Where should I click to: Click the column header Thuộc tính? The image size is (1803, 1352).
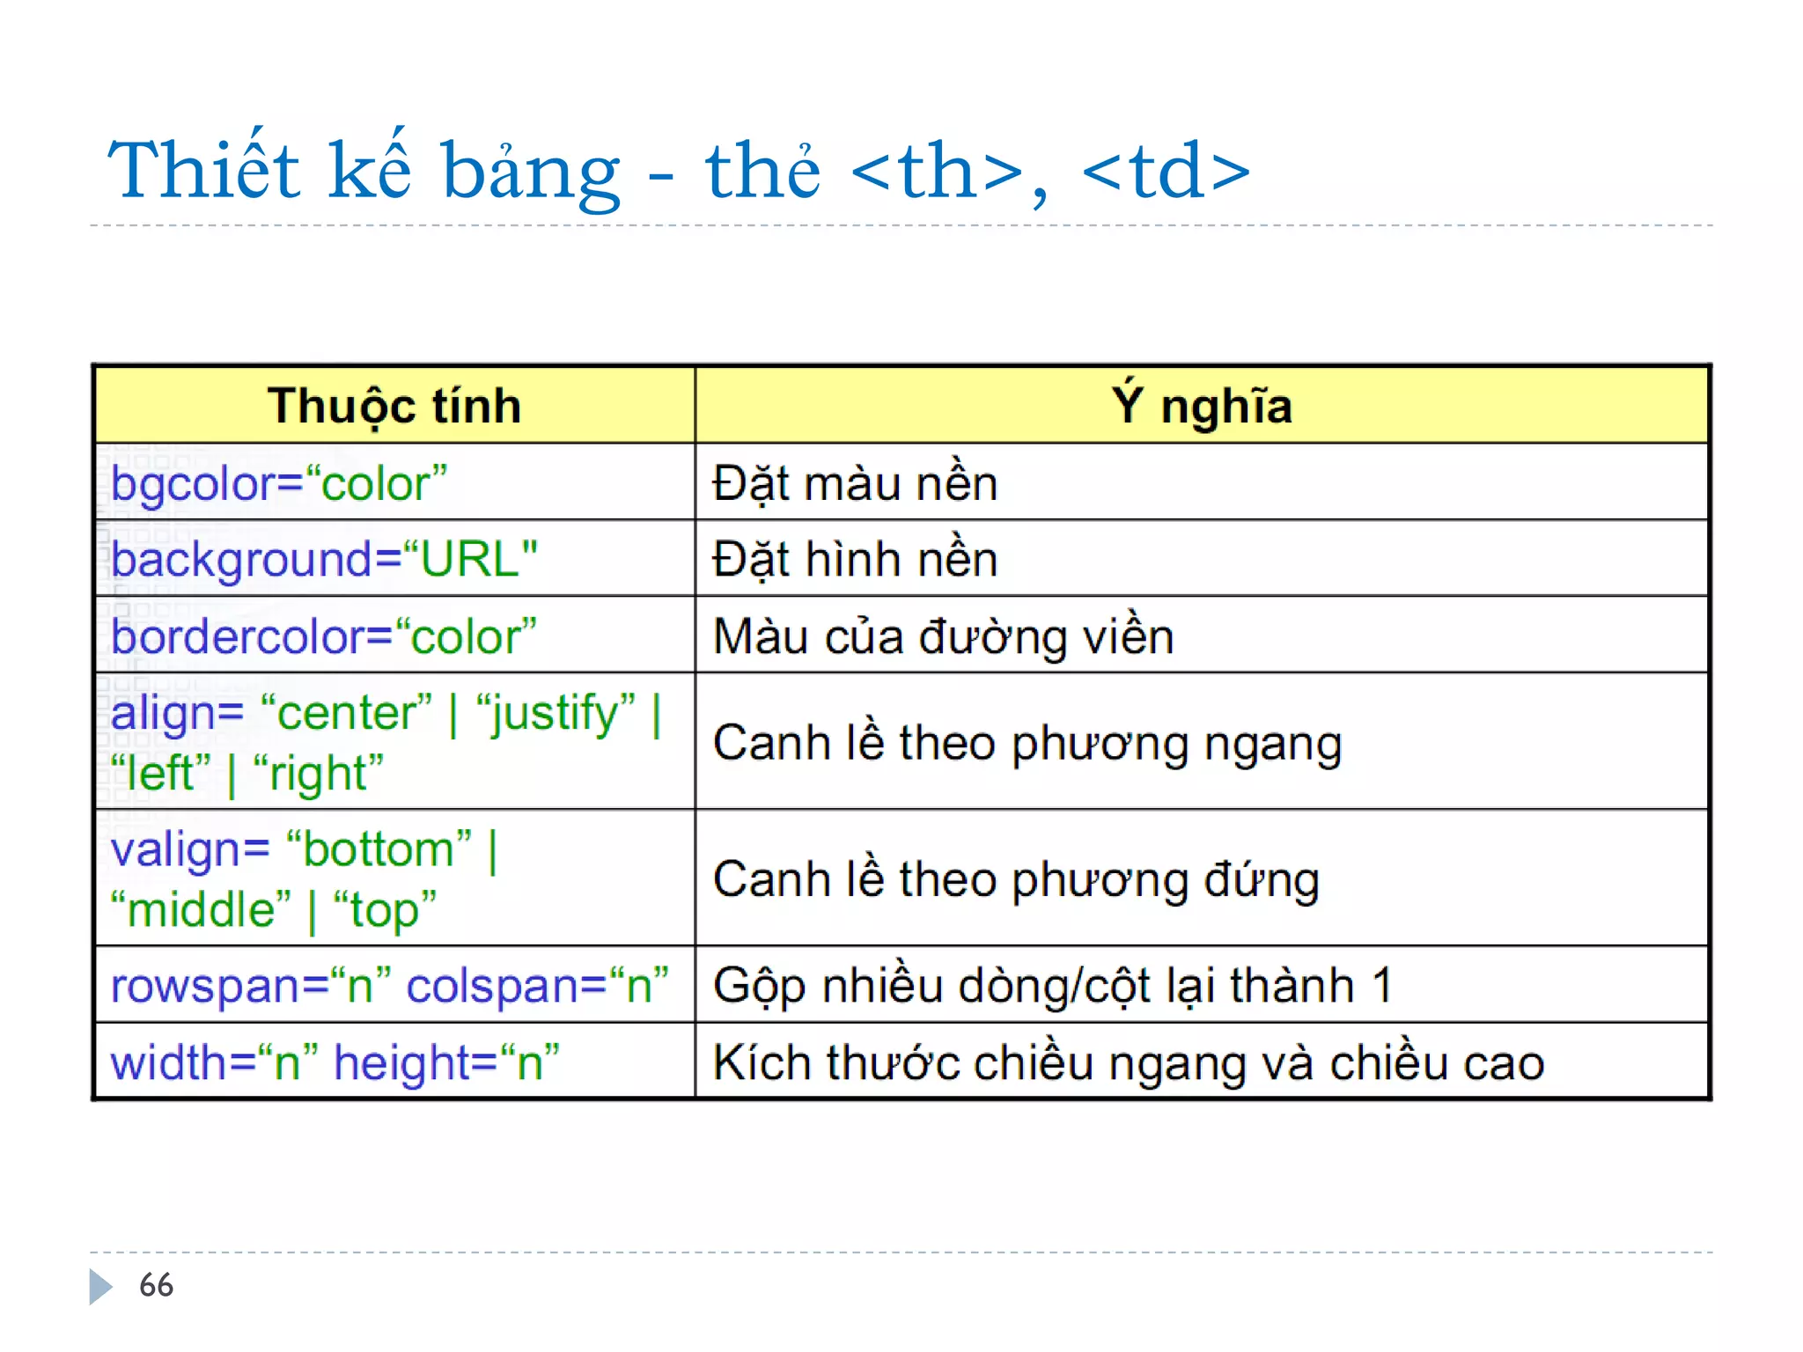pyautogui.click(x=394, y=406)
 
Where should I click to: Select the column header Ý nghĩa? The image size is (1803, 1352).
pyautogui.click(x=1202, y=406)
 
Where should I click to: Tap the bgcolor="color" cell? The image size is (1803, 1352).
pyautogui.click(x=279, y=483)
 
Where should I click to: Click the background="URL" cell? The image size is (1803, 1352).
pyautogui.click(x=324, y=560)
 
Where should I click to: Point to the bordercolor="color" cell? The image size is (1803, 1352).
pyautogui.click(x=324, y=636)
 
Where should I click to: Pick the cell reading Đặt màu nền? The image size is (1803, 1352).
pyautogui.click(x=855, y=483)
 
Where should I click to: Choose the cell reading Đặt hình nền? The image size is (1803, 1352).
pyautogui.click(x=855, y=560)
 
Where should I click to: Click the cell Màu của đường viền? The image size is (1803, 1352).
pyautogui.click(x=943, y=636)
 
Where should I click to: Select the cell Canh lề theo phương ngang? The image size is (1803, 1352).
pyautogui.click(x=1027, y=743)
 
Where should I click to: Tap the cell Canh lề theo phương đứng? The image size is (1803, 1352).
pyautogui.click(x=1016, y=879)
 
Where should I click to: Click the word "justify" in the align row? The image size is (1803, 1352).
pyautogui.click(x=556, y=713)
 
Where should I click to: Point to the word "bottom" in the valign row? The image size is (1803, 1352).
pyautogui.click(x=379, y=849)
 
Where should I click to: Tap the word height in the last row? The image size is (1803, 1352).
pyautogui.click(x=403, y=1063)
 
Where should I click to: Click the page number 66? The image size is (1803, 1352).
pyautogui.click(x=156, y=1285)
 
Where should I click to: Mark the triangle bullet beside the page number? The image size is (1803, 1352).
pyautogui.click(x=100, y=1286)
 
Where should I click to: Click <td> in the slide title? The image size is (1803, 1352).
pyautogui.click(x=1166, y=171)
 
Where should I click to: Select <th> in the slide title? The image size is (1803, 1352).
pyautogui.click(x=937, y=171)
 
